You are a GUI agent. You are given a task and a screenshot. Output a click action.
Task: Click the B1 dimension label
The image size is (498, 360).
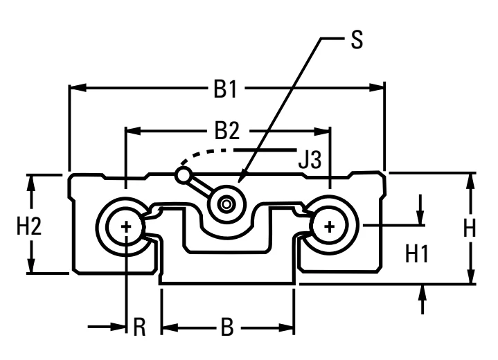225,89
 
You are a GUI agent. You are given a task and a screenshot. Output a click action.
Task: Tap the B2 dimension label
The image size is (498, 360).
226,130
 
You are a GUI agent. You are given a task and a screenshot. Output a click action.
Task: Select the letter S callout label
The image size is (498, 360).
357,39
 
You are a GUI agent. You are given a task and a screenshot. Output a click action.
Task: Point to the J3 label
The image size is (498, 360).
310,159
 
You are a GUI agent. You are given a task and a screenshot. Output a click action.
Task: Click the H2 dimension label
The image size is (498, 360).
29,227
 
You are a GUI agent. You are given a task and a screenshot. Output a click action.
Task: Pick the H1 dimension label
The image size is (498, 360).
417,254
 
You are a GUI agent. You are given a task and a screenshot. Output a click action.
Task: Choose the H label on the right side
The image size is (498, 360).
470,228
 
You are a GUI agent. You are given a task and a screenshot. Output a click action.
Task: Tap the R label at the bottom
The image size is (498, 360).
139,327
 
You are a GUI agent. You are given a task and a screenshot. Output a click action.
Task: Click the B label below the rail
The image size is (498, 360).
227,327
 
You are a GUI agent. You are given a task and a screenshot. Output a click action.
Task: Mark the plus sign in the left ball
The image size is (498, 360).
127,226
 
